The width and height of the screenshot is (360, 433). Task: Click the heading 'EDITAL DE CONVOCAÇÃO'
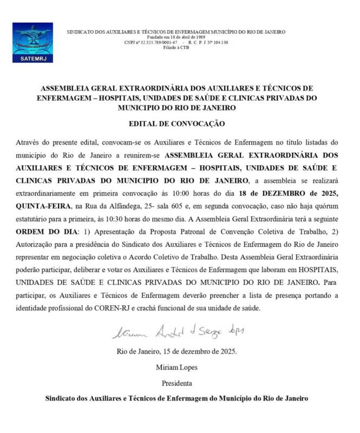[x=176, y=123]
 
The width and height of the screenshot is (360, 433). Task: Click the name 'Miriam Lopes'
[x=176, y=368]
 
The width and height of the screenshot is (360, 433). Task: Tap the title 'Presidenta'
[x=176, y=383]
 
